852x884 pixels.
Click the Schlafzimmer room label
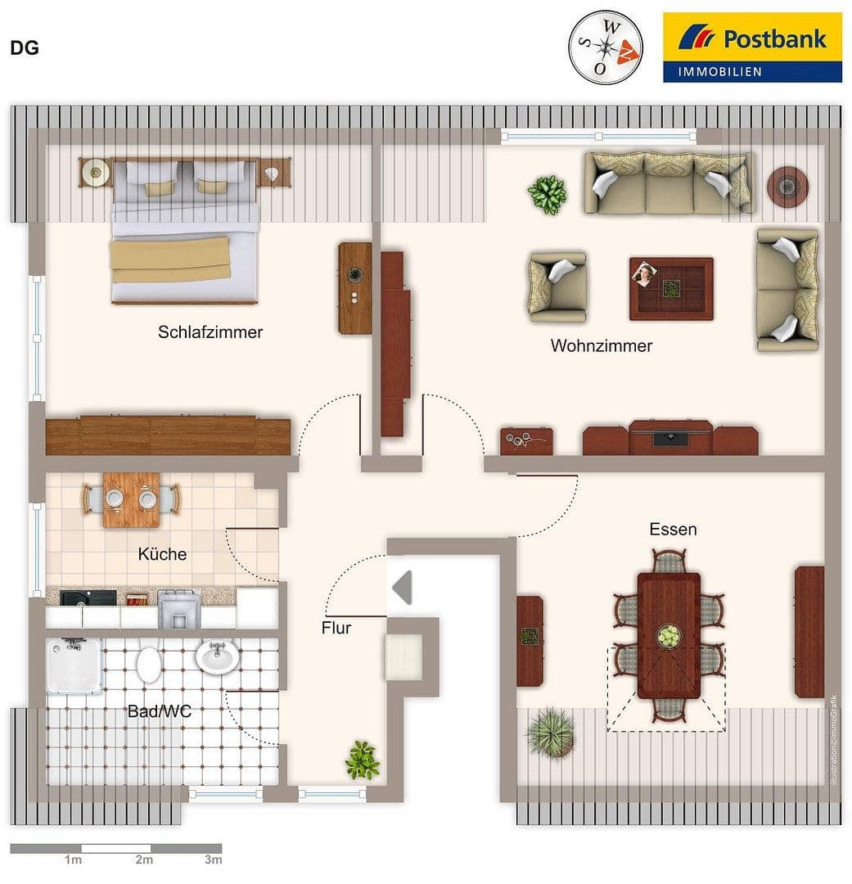[x=210, y=332]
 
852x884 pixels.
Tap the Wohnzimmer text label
[x=601, y=345]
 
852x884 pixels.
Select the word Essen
[x=673, y=529]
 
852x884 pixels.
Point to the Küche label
[x=162, y=554]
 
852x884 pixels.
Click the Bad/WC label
[x=159, y=711]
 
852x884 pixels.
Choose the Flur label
[x=336, y=628]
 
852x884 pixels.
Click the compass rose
[x=606, y=47]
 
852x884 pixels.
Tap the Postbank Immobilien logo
[x=752, y=47]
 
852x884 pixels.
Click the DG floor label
[x=25, y=47]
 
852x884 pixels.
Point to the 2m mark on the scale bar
[x=144, y=859]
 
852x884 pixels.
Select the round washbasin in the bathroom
[x=217, y=656]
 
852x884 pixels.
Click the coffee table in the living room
[x=671, y=288]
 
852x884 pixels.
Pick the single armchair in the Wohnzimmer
[x=557, y=286]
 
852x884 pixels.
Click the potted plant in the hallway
[x=362, y=760]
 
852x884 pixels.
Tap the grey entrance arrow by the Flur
[x=402, y=588]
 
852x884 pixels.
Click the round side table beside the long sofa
[x=787, y=186]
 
